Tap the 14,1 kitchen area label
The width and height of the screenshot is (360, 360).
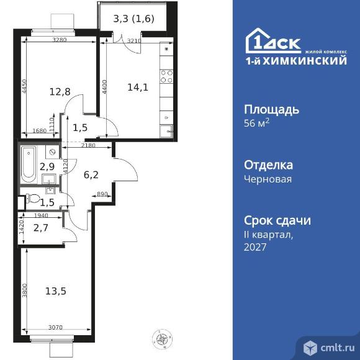coord(137,88)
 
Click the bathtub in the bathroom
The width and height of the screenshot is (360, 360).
coord(29,160)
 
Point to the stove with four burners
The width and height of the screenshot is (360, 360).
coord(166,76)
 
